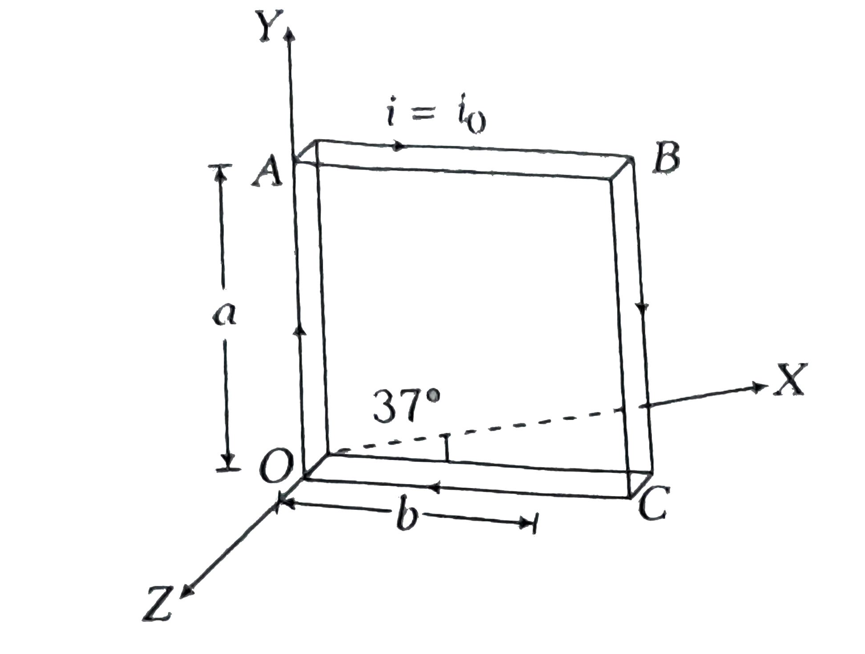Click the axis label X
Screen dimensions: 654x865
tap(789, 379)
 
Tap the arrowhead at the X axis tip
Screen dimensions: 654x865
tap(759, 387)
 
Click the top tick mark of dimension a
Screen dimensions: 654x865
tap(219, 167)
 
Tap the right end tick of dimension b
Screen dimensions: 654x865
tap(533, 524)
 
